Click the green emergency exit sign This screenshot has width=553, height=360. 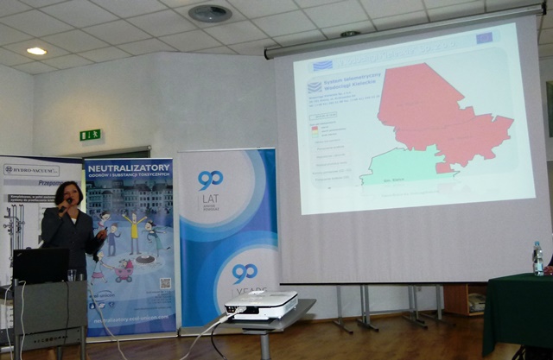tap(91, 135)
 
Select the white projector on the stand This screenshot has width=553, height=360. tap(260, 305)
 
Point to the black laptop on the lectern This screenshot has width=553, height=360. tap(40, 265)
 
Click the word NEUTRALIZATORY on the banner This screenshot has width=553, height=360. tap(130, 167)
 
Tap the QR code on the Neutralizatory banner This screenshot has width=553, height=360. tap(165, 282)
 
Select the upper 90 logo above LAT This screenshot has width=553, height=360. tap(210, 180)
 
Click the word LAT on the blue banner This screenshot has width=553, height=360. tap(209, 202)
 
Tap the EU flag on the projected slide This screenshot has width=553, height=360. tap(484, 39)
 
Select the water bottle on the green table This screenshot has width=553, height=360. tap(537, 258)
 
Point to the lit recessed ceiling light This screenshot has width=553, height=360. tap(36, 51)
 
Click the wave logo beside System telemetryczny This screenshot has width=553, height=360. tap(315, 86)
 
